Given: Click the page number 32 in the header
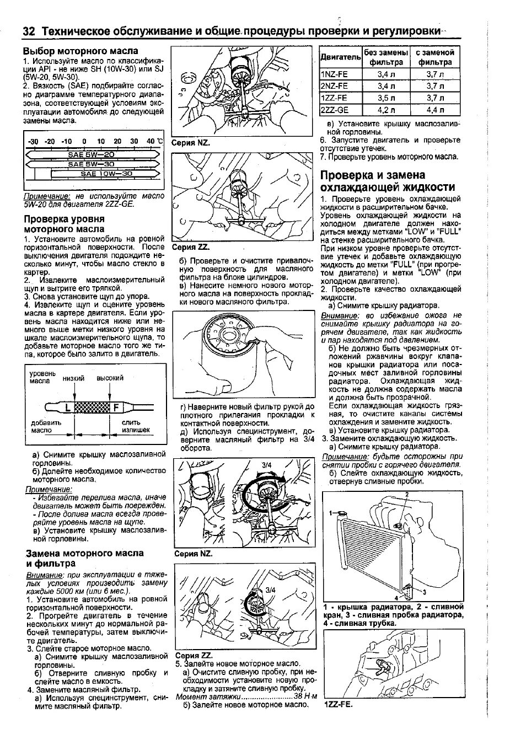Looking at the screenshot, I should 29,31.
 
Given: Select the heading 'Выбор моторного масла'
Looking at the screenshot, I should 80,51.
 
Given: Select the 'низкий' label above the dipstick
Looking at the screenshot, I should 73,378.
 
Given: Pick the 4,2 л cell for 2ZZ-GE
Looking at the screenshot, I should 386,110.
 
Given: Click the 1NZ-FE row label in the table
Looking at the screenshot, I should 334,74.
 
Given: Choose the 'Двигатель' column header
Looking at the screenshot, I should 340,57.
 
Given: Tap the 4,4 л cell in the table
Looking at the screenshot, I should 434,110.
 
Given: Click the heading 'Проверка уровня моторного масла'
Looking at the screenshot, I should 64,223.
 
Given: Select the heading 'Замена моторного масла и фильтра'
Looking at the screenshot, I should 85,558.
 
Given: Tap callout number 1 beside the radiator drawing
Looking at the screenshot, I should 332,513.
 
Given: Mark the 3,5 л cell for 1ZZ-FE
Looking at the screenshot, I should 386,98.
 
